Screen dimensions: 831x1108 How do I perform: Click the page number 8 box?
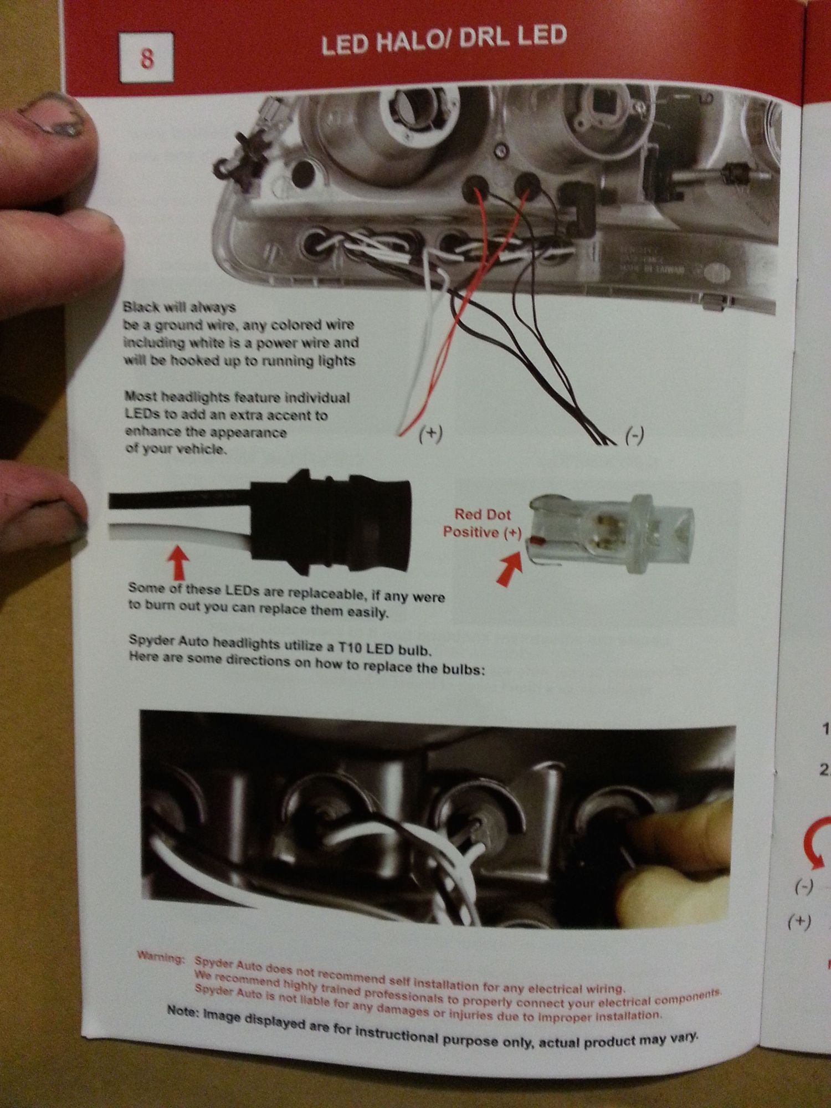click(147, 58)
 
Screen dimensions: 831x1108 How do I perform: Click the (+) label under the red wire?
click(430, 434)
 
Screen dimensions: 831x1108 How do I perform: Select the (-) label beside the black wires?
click(634, 437)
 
